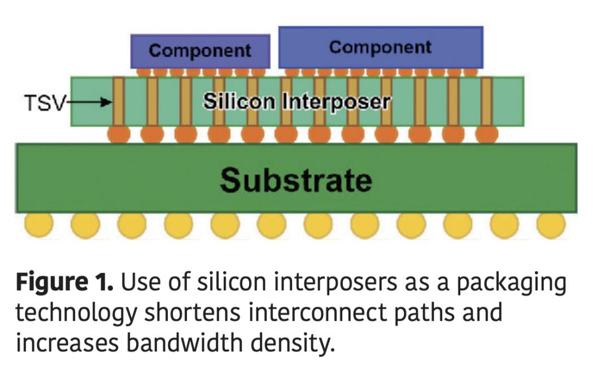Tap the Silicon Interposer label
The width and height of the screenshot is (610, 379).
pyautogui.click(x=297, y=102)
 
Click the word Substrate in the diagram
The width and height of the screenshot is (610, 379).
pyautogui.click(x=296, y=180)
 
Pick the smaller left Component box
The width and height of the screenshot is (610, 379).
pyautogui.click(x=200, y=51)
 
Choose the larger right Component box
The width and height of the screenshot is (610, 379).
pyautogui.click(x=380, y=47)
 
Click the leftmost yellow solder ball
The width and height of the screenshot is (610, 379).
pyautogui.click(x=38, y=226)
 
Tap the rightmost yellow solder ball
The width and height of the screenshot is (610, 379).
pyautogui.click(x=550, y=226)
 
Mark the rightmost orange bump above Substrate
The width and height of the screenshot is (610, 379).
pyautogui.click(x=486, y=134)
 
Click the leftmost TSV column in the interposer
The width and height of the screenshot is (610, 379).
pyautogui.click(x=119, y=102)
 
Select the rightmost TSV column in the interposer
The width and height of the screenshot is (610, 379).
pyautogui.click(x=486, y=102)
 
